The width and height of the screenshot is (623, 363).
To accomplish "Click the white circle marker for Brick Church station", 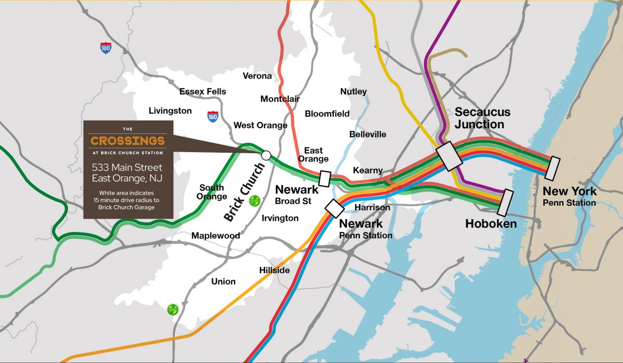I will tap(266, 155).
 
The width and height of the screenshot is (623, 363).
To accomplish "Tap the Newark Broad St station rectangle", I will tap(325, 178).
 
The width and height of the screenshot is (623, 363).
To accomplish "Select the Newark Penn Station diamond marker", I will tap(334, 208).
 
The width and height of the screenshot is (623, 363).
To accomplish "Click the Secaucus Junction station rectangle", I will tap(449, 155).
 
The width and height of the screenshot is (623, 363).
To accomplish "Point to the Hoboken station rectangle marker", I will tap(505, 203).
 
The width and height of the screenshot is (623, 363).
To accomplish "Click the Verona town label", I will tap(257, 76).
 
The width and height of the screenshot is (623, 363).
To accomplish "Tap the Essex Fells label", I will tap(202, 92).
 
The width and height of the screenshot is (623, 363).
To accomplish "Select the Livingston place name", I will tap(170, 111).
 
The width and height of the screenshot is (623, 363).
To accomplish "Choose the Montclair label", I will tap(280, 99).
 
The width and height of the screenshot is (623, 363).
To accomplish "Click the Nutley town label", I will tap(353, 92).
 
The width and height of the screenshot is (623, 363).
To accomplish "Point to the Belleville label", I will tap(368, 135).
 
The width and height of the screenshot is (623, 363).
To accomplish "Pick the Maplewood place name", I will tap(215, 236).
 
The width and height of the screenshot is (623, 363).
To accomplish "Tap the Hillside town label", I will tap(275, 271).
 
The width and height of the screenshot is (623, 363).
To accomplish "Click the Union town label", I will tap(223, 281).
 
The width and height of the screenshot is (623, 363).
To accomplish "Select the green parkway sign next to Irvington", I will tap(254, 201).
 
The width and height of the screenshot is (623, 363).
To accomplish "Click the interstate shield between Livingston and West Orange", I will tap(212, 116).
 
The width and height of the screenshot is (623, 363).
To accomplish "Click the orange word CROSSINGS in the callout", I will tap(128, 141).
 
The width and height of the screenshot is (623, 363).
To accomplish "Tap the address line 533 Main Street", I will tap(127, 168).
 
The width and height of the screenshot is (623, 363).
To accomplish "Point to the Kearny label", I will tap(368, 170).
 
